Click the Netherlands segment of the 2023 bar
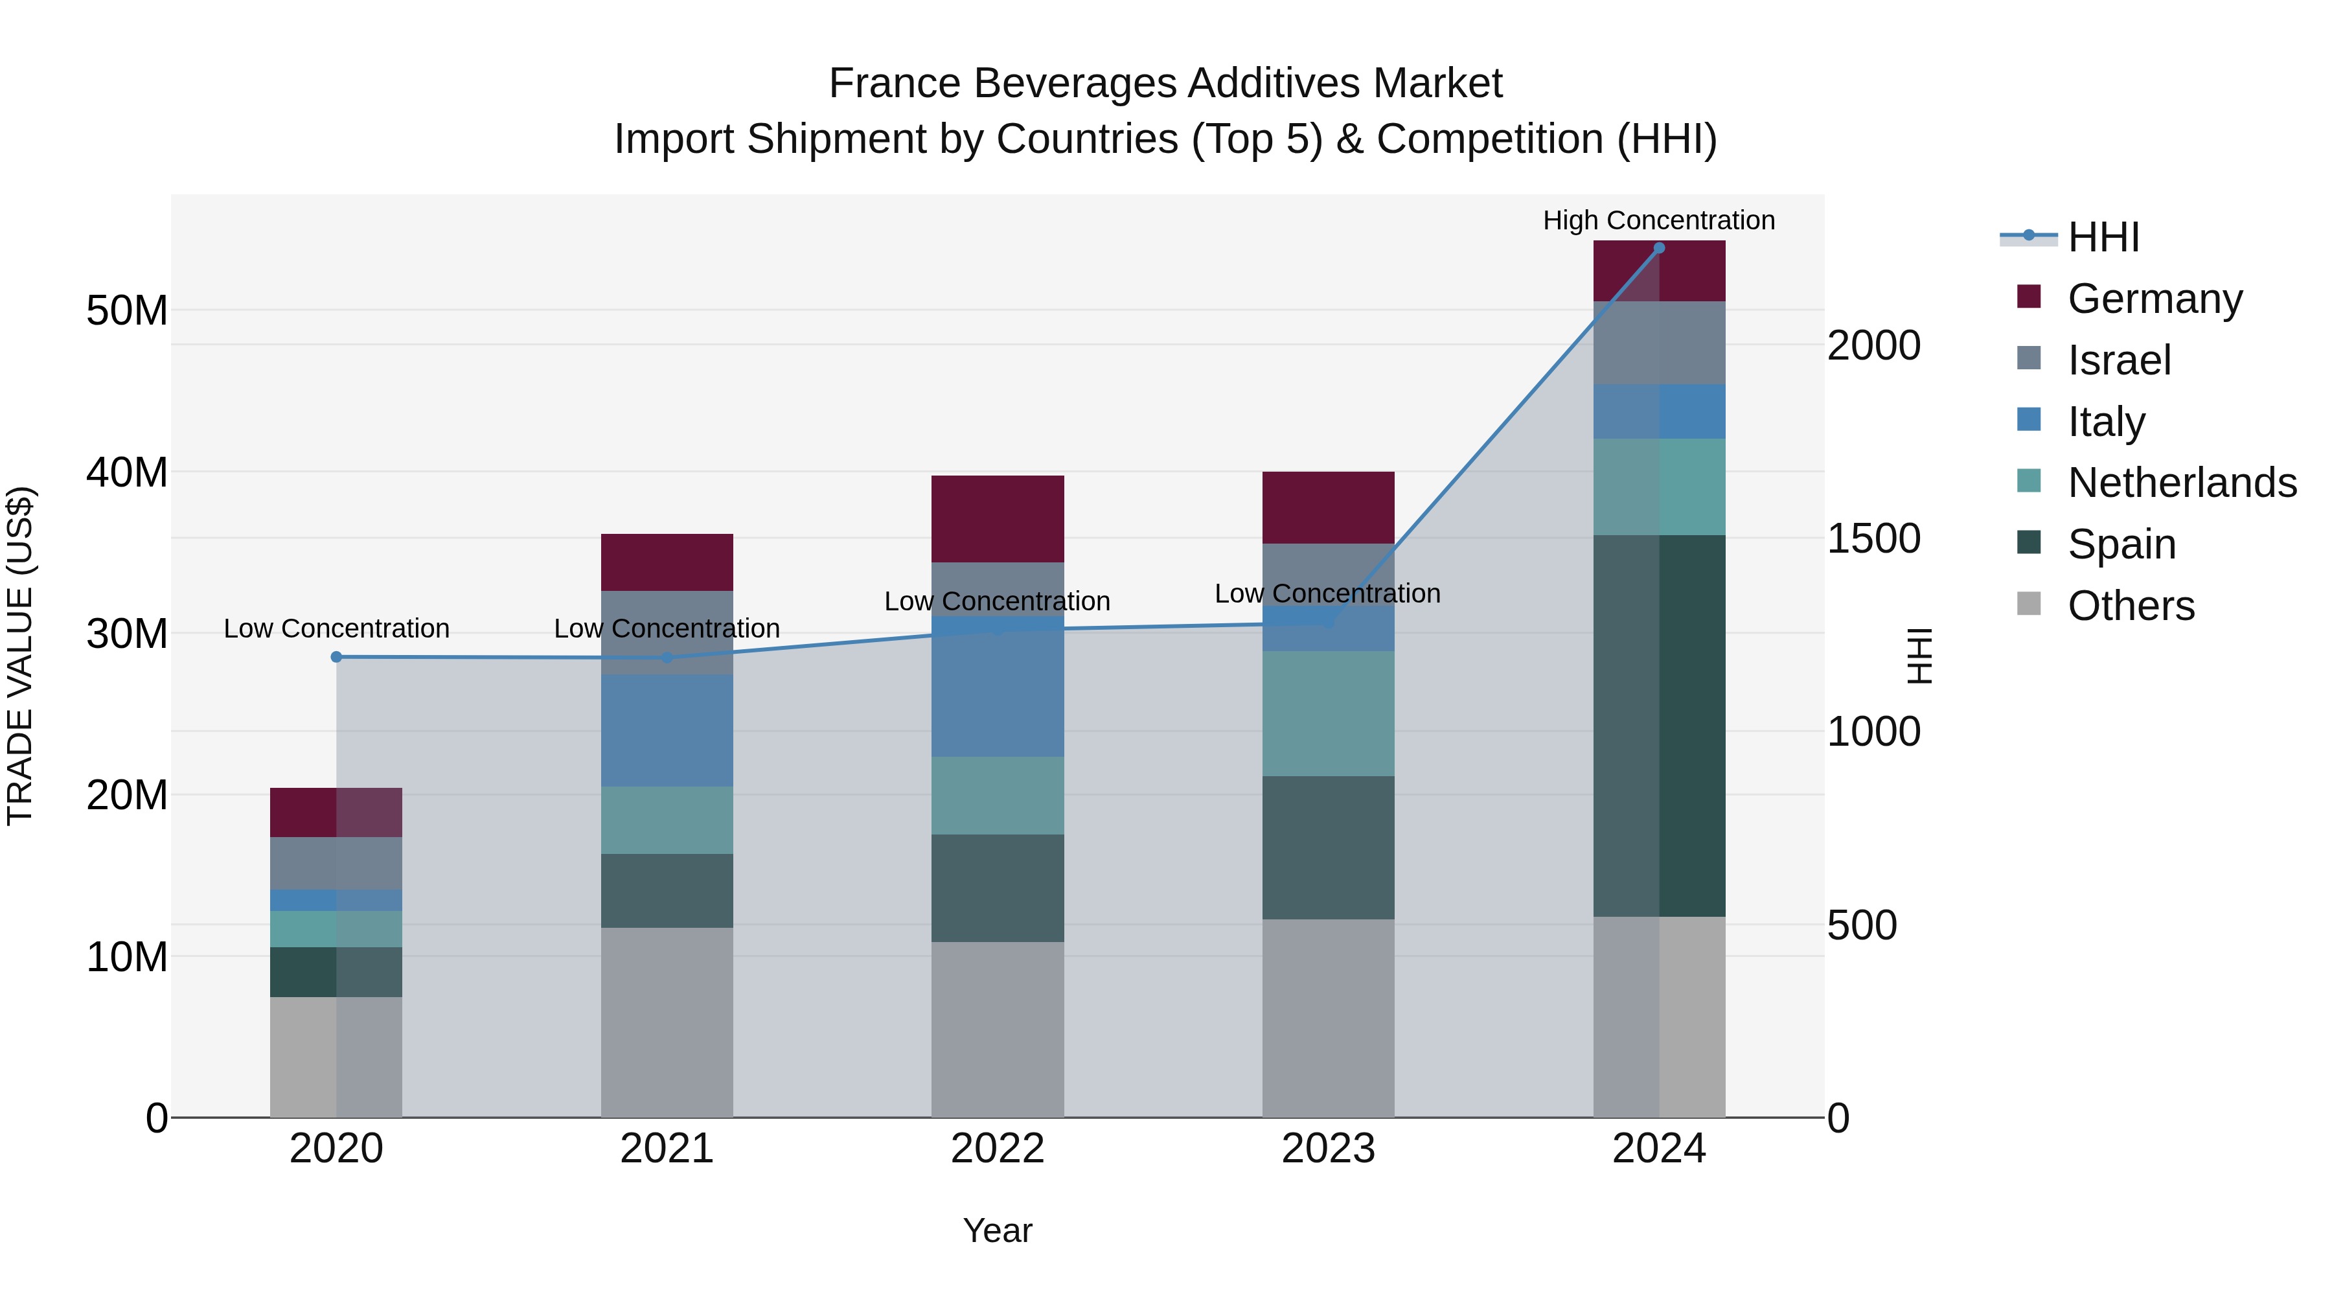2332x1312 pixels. click(1327, 713)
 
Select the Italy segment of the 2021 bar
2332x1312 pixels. click(667, 729)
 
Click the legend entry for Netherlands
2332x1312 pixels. click(2182, 483)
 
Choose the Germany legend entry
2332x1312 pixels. click(2155, 299)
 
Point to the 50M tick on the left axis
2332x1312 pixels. click(127, 310)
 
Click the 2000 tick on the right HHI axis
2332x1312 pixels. click(1873, 345)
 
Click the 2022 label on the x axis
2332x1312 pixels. click(997, 1149)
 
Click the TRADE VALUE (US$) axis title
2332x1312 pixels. click(20, 656)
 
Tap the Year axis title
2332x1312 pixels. click(997, 1230)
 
